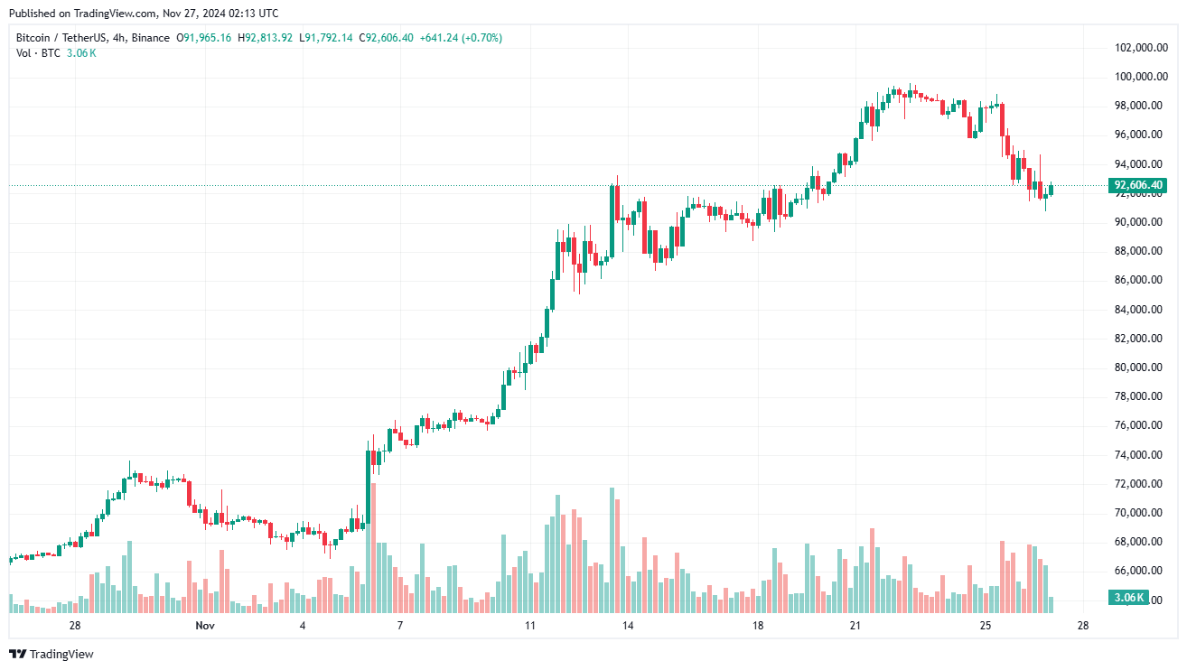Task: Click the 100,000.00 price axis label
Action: tap(1139, 77)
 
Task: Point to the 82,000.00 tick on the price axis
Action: tap(1139, 339)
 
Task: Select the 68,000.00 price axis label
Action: tap(1139, 542)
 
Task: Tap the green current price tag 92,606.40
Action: tap(1137, 185)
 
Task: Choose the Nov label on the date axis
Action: tap(205, 626)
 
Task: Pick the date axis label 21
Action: tap(855, 626)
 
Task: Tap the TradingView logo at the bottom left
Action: tap(51, 654)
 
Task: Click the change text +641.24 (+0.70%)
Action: tap(461, 38)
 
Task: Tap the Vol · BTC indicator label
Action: tap(39, 53)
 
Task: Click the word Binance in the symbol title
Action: tap(150, 38)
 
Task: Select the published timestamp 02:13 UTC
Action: tap(252, 14)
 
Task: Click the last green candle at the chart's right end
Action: tap(1051, 189)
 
